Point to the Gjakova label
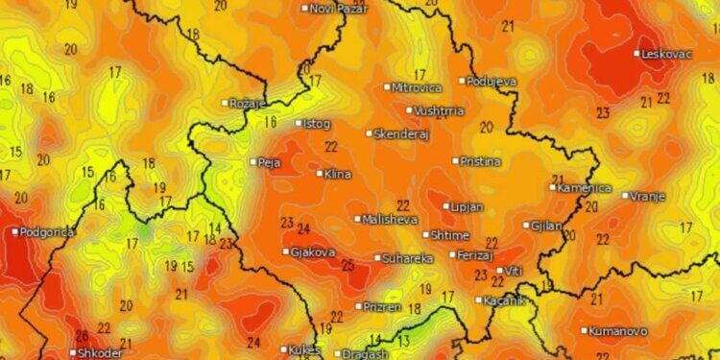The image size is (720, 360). coord(314,252)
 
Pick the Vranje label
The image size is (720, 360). coord(648,196)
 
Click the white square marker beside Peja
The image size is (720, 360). coord(253,162)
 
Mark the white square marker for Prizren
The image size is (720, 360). coord(358,306)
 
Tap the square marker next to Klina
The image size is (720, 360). coord(320,174)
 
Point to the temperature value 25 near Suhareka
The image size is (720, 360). coord(347,264)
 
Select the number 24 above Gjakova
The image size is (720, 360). coord(303,228)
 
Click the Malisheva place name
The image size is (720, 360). coord(390,219)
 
